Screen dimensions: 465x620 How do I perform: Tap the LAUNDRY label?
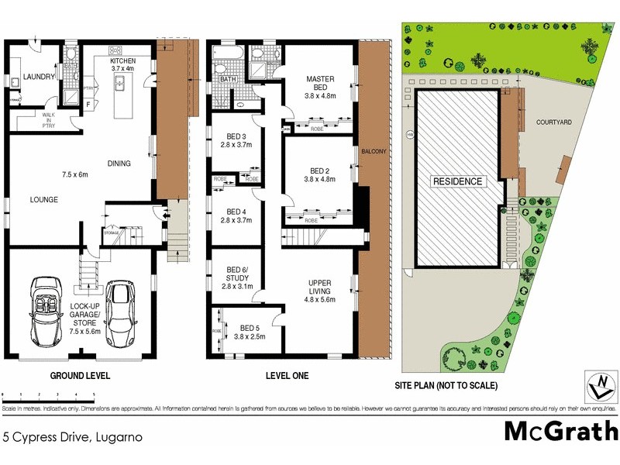click(x=37, y=77)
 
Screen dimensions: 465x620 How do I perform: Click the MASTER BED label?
click(x=319, y=83)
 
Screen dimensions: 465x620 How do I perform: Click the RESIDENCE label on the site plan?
click(x=456, y=181)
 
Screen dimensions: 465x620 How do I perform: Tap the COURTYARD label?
click(x=553, y=122)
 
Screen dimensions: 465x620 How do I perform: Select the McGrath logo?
click(x=561, y=431)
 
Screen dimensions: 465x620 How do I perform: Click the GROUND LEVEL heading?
click(x=80, y=376)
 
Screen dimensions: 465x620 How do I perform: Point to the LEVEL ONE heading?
click(x=287, y=376)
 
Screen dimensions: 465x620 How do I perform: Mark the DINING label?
click(x=119, y=163)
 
